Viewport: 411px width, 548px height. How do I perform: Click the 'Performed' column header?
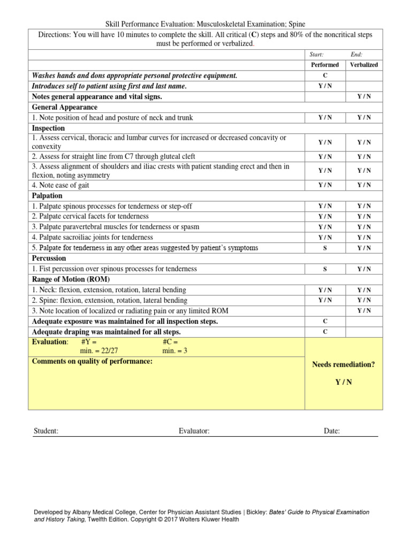coord(325,65)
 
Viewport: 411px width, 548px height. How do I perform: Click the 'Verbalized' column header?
coord(364,65)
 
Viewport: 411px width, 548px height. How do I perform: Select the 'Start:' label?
coord(317,55)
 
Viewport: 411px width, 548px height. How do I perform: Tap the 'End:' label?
coord(356,55)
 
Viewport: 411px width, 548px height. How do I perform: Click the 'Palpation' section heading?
coord(48,195)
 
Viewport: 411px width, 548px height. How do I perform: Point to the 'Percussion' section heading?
coord(49,258)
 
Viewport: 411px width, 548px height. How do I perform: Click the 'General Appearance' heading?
coord(65,107)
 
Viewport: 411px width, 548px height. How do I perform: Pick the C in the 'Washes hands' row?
coord(325,75)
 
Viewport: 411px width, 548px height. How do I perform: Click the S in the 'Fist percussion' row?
coord(325,269)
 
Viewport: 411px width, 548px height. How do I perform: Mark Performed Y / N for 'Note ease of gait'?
coord(325,185)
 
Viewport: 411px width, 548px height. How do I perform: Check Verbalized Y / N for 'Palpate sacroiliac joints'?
coord(364,237)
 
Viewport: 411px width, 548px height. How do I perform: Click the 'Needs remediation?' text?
coord(344,364)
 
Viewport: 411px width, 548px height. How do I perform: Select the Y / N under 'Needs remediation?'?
coord(344,382)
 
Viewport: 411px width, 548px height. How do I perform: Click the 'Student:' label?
coord(46,431)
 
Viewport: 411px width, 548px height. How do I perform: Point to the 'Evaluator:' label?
coord(194,431)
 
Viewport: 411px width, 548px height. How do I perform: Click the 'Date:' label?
coord(332,431)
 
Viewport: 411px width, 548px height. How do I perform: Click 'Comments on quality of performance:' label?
coord(92,361)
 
